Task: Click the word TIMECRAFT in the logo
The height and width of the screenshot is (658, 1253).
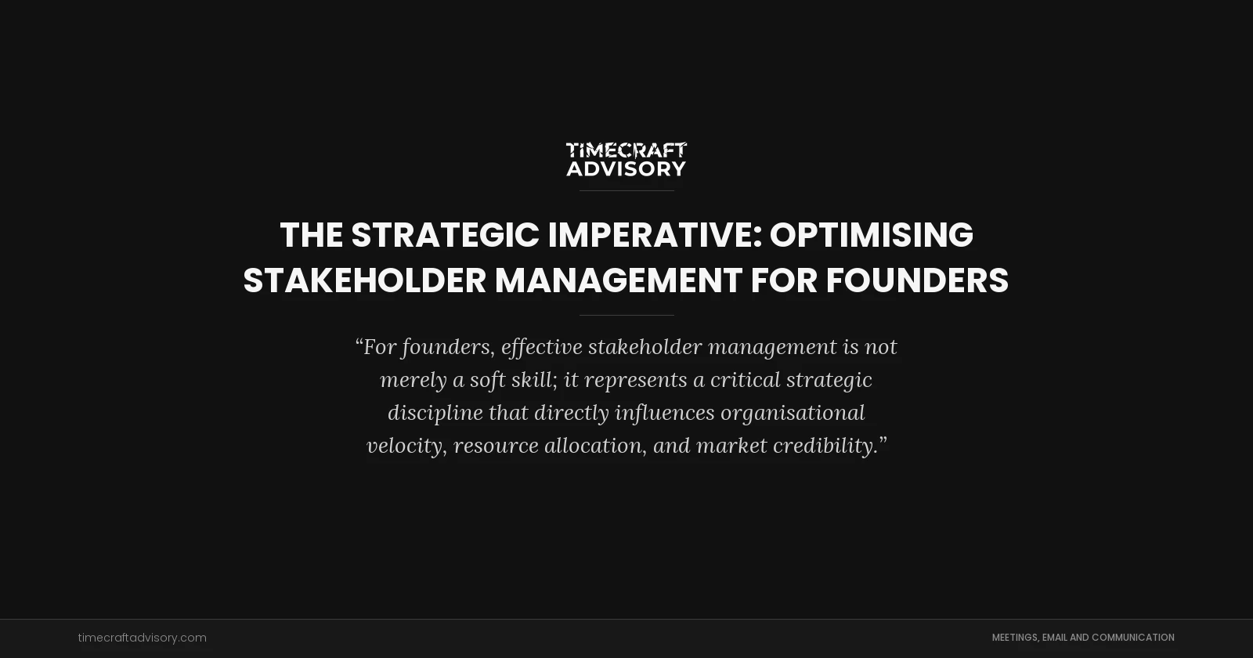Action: (626, 150)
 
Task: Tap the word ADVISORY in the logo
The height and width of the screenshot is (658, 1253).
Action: (626, 168)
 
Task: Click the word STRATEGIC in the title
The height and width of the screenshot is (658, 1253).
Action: (445, 235)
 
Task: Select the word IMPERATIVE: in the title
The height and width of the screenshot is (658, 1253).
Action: (655, 235)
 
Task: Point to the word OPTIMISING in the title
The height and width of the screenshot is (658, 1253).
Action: (871, 235)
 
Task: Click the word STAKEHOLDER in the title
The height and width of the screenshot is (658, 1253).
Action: (364, 280)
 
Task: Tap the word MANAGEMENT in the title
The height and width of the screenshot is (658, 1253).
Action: (618, 280)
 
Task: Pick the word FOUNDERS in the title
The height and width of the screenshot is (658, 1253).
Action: (917, 280)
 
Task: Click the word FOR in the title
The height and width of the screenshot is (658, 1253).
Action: (784, 280)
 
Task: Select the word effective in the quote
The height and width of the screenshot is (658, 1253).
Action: (542, 347)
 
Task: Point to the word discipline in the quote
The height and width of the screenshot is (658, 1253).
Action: (435, 413)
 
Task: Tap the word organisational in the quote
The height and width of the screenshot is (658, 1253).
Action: (793, 413)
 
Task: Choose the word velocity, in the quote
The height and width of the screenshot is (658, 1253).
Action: (406, 446)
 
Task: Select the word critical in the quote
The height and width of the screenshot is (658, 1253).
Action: (745, 380)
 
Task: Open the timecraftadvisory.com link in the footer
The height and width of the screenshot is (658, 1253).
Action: (142, 638)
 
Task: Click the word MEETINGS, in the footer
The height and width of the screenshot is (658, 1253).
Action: (1015, 638)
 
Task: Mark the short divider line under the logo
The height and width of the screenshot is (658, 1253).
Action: (626, 190)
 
